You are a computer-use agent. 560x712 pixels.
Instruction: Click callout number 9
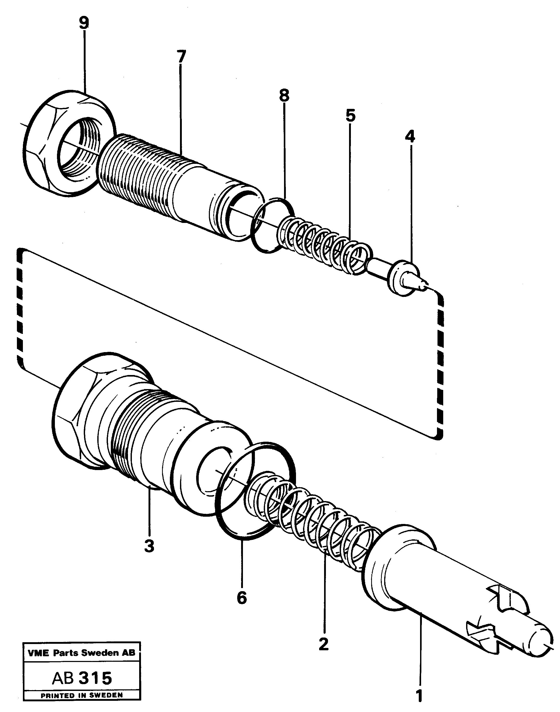tap(84, 23)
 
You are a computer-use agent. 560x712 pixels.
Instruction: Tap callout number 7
tap(181, 57)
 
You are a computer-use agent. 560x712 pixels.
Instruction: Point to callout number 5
tap(351, 116)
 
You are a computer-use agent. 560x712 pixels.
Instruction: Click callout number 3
tap(149, 546)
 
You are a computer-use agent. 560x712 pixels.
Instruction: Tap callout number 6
tap(242, 597)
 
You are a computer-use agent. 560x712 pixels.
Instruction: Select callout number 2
tap(324, 644)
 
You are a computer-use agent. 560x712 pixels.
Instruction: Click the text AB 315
tap(82, 678)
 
